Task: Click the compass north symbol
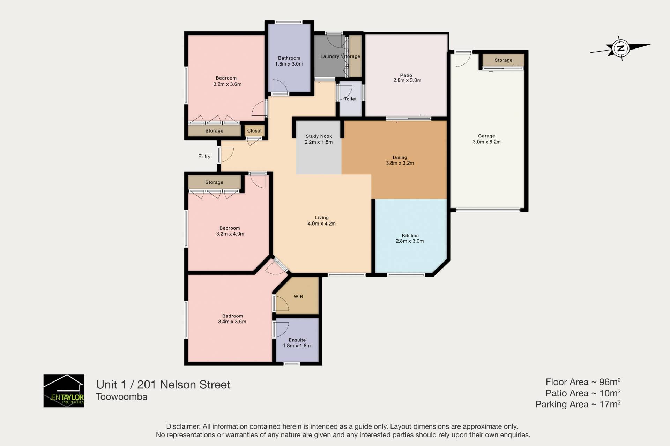pyautogui.click(x=621, y=48)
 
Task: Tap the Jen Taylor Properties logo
pyautogui.click(x=64, y=391)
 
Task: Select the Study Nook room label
pyautogui.click(x=319, y=136)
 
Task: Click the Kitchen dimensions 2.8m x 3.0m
pyautogui.click(x=410, y=241)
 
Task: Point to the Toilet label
pyautogui.click(x=350, y=99)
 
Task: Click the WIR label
pyautogui.click(x=298, y=297)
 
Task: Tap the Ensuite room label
pyautogui.click(x=297, y=340)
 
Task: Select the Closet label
pyautogui.click(x=254, y=131)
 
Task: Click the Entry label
pyautogui.click(x=204, y=157)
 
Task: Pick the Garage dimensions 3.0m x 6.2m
pyautogui.click(x=486, y=142)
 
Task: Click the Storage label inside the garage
pyautogui.click(x=503, y=60)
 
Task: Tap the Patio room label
pyautogui.click(x=406, y=75)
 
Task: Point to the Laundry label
pyautogui.click(x=330, y=56)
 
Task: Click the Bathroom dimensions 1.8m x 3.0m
pyautogui.click(x=289, y=64)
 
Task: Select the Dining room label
pyautogui.click(x=400, y=158)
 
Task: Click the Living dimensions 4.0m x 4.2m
pyautogui.click(x=321, y=224)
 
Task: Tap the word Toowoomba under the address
pyautogui.click(x=122, y=397)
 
